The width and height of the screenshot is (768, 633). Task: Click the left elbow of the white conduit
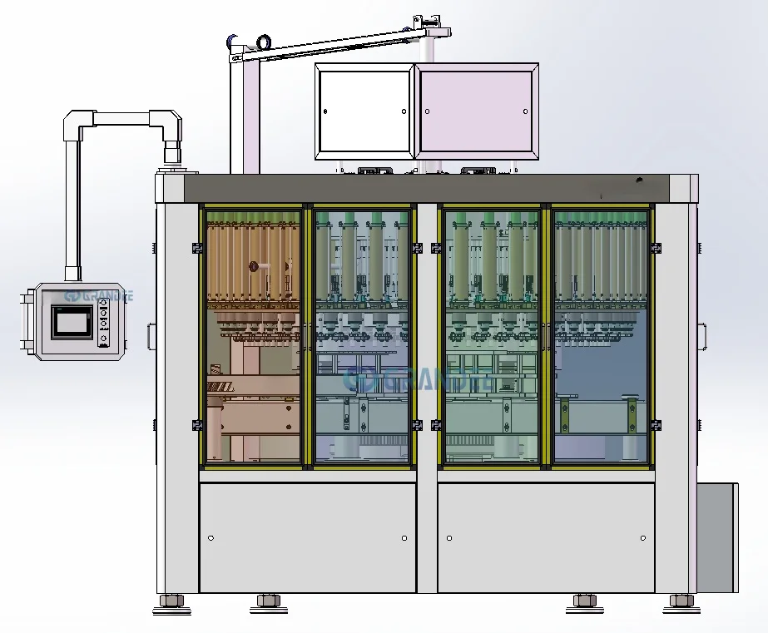(76, 124)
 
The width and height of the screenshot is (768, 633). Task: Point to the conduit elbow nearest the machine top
(171, 127)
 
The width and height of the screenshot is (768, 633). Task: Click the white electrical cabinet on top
(364, 111)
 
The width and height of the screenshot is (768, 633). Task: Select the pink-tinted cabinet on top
(477, 111)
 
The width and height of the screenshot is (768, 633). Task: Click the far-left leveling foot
(172, 601)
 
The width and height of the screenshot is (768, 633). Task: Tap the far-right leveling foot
(681, 601)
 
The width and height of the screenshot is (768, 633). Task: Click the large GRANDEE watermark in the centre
(416, 379)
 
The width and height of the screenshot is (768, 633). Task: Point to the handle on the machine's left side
(151, 336)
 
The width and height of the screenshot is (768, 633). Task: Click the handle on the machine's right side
(703, 336)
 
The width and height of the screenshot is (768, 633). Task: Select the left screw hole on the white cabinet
(325, 111)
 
